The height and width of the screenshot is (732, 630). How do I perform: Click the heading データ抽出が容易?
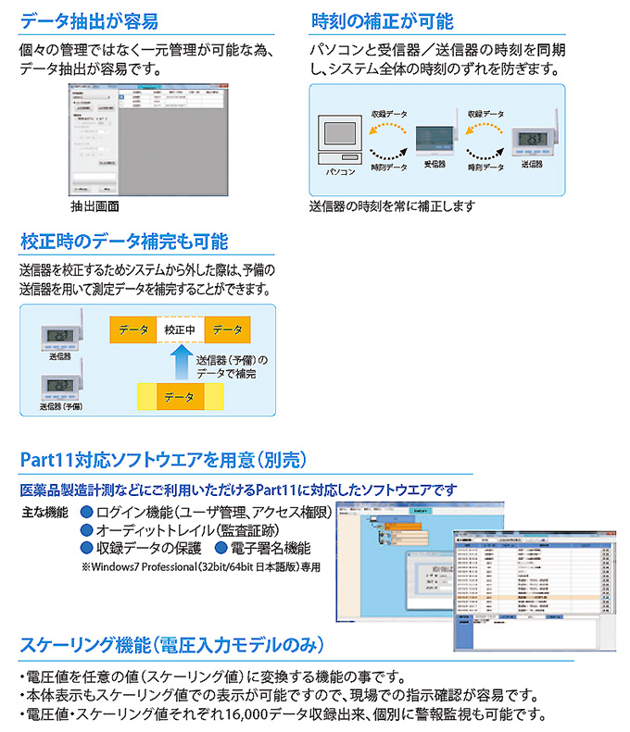pyautogui.click(x=89, y=19)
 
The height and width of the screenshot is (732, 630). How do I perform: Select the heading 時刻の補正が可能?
pyautogui.click(x=383, y=19)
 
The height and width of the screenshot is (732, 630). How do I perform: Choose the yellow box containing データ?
pyautogui.click(x=180, y=397)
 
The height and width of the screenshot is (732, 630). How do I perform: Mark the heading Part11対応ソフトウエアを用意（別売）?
pyautogui.click(x=163, y=460)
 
